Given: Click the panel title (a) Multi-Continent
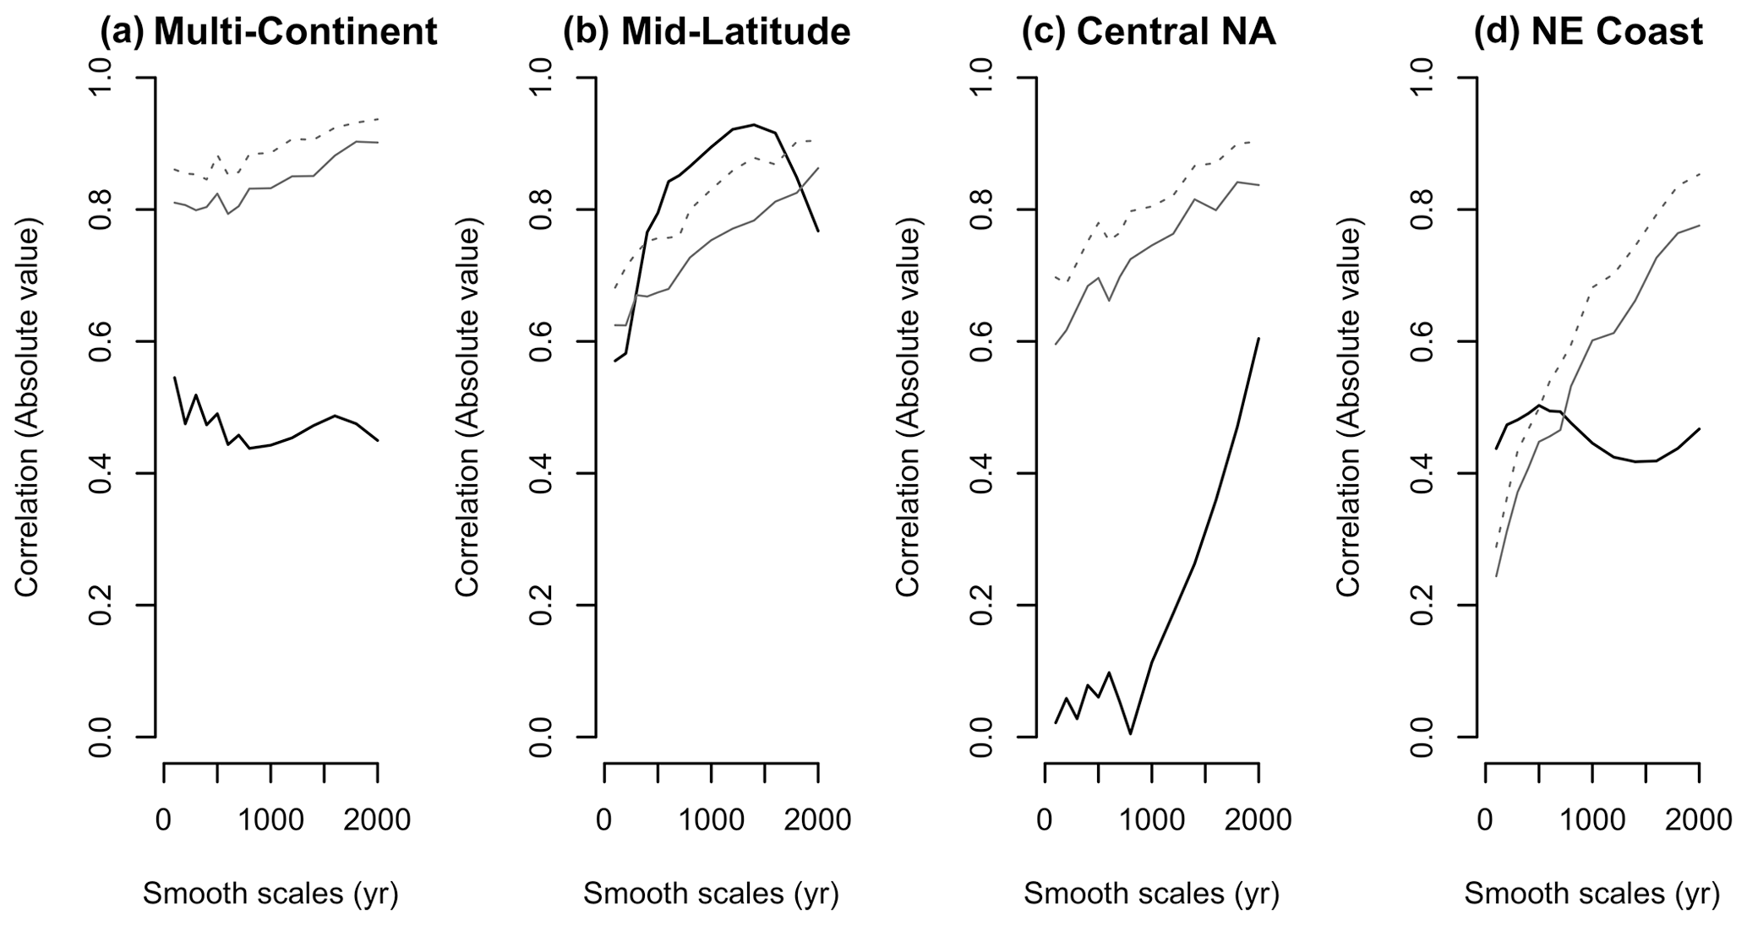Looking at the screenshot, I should [x=269, y=32].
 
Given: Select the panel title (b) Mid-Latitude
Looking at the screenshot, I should [x=707, y=32].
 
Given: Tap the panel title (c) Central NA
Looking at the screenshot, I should [x=1148, y=32].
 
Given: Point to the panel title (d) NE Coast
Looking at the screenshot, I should [x=1588, y=32].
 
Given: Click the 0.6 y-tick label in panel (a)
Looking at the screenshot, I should [x=99, y=341].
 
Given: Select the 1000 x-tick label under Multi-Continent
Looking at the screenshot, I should [x=270, y=819].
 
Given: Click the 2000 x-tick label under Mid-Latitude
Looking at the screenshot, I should [x=817, y=819].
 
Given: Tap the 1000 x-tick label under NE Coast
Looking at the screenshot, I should [x=1591, y=819].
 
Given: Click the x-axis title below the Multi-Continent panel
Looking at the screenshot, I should [x=270, y=893].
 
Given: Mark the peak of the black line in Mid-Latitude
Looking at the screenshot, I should [x=753, y=124].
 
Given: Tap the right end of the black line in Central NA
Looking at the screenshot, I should [x=1259, y=338].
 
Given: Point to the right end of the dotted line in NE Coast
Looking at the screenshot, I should [x=1700, y=173].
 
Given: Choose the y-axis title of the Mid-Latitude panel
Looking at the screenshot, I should [x=467, y=407].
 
